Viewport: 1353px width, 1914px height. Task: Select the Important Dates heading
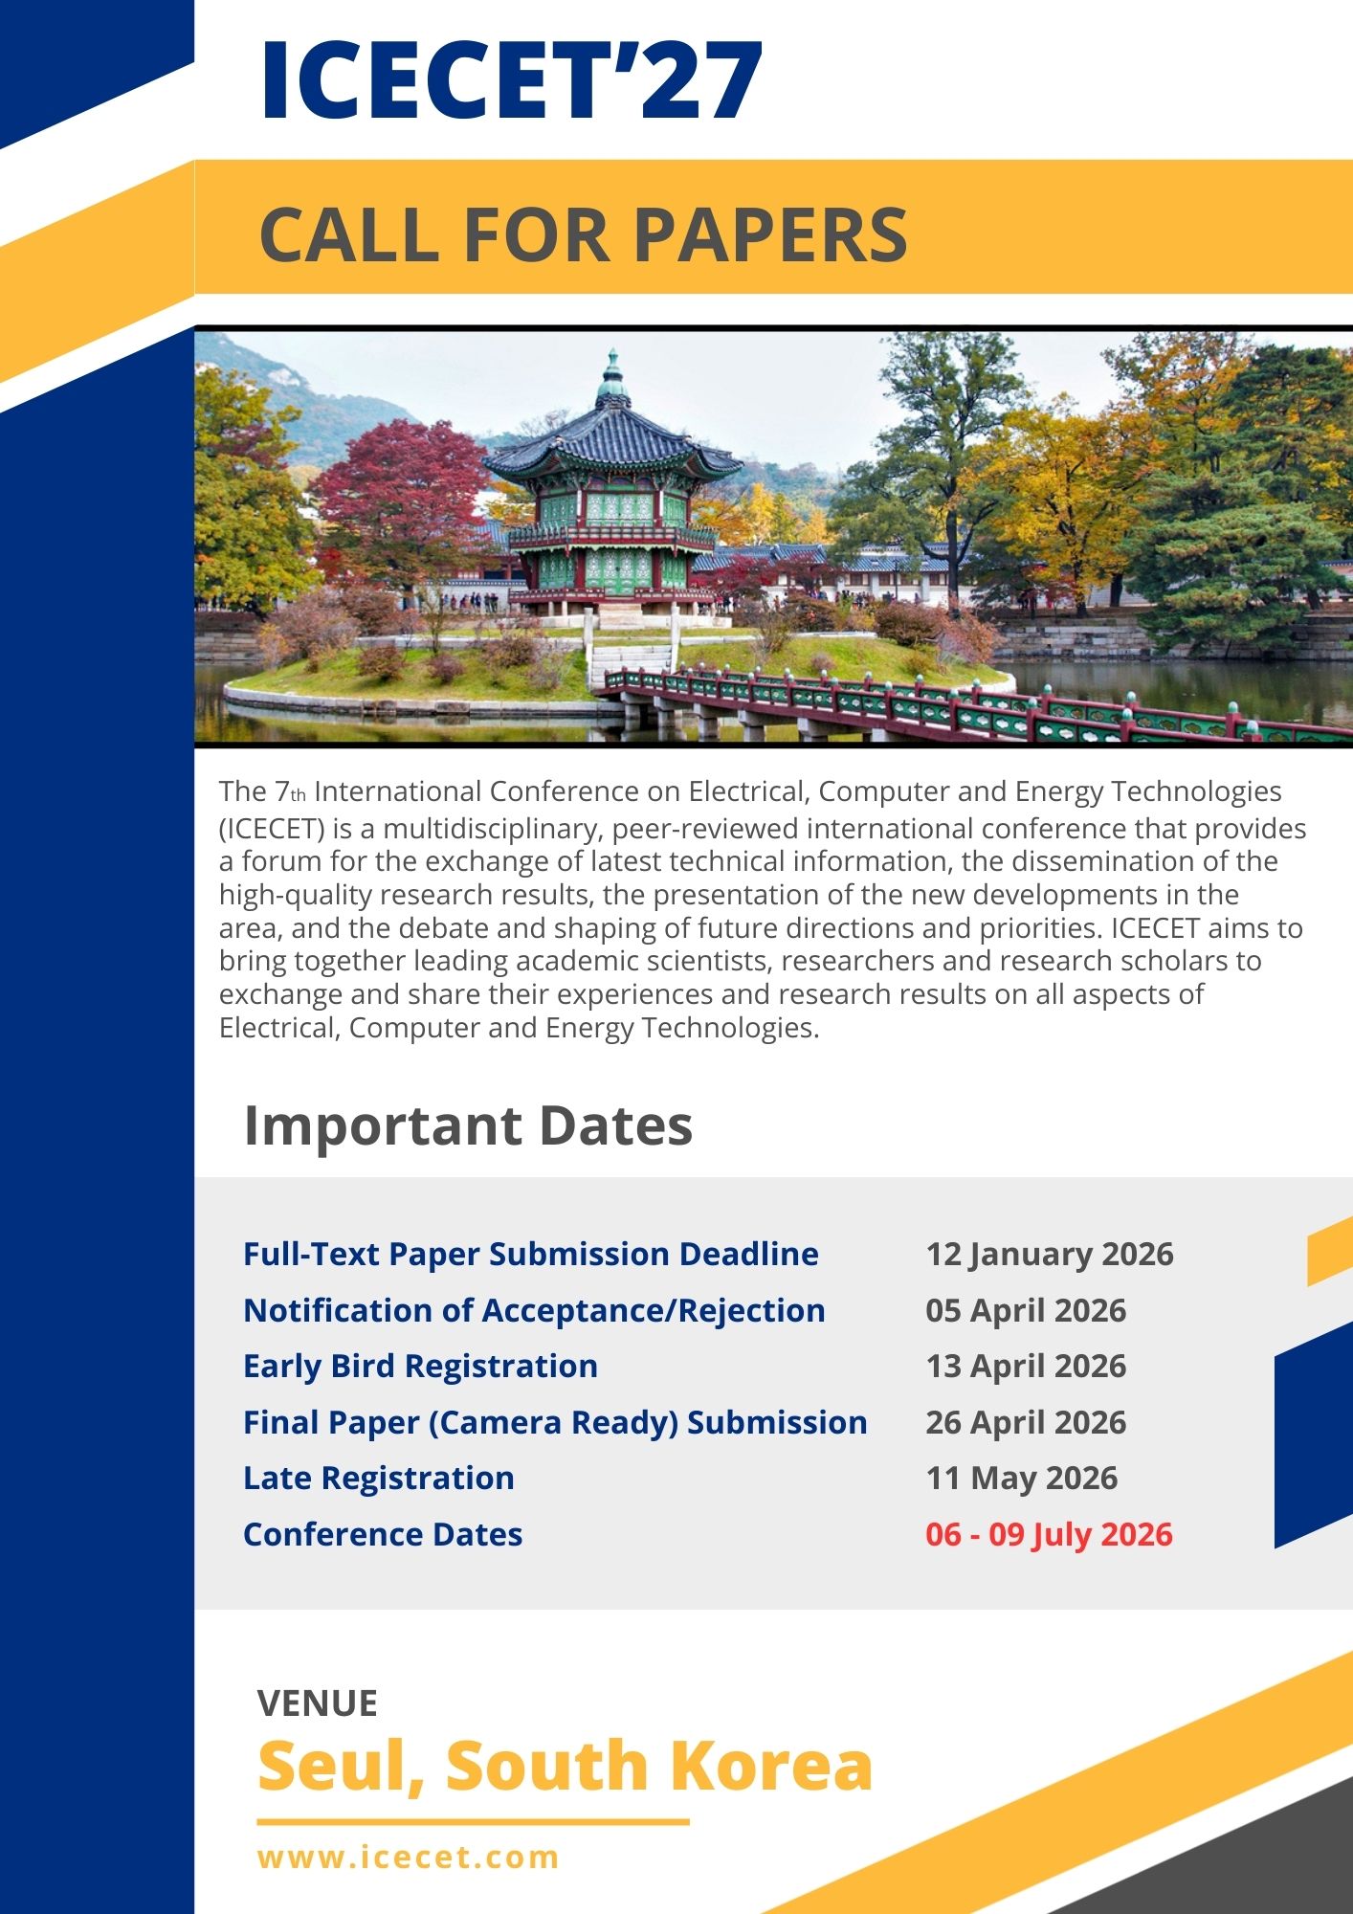click(x=468, y=1125)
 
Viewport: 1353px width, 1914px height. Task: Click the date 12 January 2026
click(x=1050, y=1254)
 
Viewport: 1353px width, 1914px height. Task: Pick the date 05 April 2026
click(x=1026, y=1310)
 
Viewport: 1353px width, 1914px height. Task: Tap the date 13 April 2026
click(x=1026, y=1366)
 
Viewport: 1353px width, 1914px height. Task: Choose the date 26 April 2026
click(x=1026, y=1422)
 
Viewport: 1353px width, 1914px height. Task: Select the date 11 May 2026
click(x=1021, y=1478)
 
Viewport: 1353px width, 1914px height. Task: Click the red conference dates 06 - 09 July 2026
click(x=1049, y=1534)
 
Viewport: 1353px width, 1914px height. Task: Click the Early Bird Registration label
click(x=420, y=1366)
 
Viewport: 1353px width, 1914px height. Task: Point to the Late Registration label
click(x=379, y=1478)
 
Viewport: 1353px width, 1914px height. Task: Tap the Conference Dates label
click(x=383, y=1534)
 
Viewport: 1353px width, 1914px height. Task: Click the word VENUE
click(x=318, y=1703)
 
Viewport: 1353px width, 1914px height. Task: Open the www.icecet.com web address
click(x=409, y=1858)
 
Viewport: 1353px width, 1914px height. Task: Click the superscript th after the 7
click(x=299, y=795)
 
